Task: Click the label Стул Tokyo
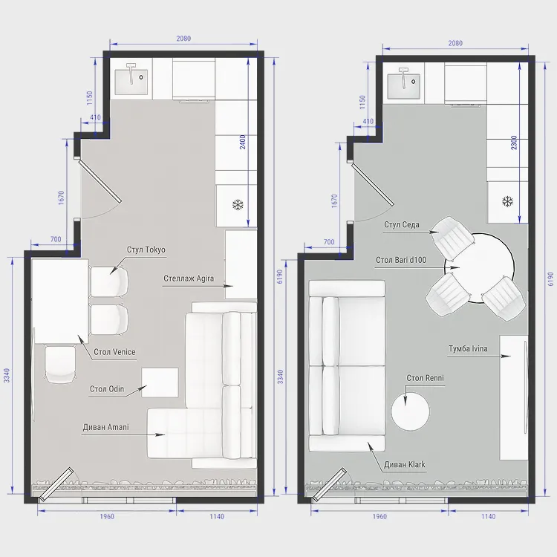click(146, 250)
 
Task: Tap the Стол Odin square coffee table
click(160, 382)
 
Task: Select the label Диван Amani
click(106, 427)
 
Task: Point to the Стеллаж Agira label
click(189, 278)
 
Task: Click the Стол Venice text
click(114, 352)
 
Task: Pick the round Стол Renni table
click(410, 411)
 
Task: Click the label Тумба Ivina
click(468, 348)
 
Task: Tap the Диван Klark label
click(405, 464)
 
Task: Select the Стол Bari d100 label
click(401, 260)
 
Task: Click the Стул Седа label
click(401, 224)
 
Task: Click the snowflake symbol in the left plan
click(238, 205)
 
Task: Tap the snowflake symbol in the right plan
click(508, 201)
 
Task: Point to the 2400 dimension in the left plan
click(242, 142)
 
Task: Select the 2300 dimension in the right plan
click(514, 143)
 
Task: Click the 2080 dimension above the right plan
click(455, 43)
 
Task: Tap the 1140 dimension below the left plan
click(217, 516)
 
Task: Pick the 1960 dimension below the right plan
click(380, 516)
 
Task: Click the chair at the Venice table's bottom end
click(60, 365)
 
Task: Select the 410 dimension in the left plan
click(95, 117)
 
